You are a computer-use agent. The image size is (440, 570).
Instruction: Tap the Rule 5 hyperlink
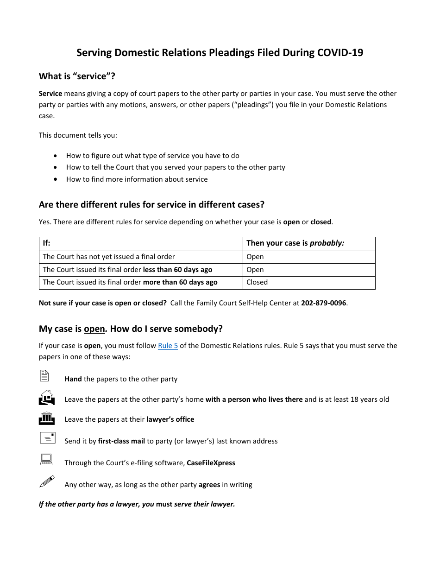point(168,346)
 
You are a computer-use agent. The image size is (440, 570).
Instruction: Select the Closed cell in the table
point(257,282)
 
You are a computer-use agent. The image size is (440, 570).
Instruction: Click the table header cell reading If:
point(47,243)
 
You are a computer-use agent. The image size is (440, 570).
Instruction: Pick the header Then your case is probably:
point(295,243)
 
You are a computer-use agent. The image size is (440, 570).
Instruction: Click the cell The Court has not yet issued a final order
point(109,257)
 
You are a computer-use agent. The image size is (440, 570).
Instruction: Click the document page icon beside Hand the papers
point(44,376)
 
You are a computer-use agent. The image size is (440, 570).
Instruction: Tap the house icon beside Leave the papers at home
point(46,397)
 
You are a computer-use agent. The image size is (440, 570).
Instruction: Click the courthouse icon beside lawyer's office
point(46,418)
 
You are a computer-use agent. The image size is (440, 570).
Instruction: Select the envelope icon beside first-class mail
point(47,438)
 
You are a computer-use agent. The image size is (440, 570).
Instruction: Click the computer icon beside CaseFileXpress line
point(46,459)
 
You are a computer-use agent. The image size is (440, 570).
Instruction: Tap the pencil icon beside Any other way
point(47,481)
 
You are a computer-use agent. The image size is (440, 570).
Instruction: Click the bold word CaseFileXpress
point(211,463)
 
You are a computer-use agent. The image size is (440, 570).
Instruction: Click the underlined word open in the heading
point(94,329)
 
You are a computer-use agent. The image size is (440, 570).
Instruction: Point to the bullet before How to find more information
point(56,179)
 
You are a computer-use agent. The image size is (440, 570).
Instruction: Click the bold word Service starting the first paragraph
point(50,94)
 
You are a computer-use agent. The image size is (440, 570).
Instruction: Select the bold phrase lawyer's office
point(170,419)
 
